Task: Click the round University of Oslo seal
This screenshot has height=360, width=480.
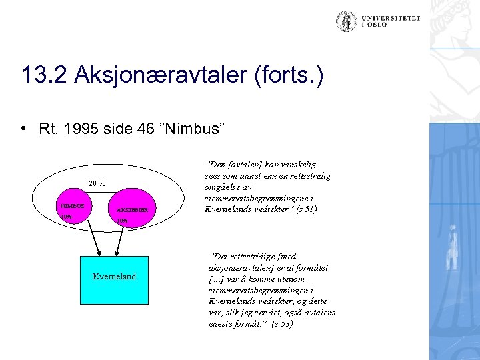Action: tap(346, 21)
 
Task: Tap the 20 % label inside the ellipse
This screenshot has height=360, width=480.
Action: tap(97, 183)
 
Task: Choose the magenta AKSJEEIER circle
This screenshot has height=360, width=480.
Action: tap(133, 208)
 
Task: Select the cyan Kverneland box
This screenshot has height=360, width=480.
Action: tap(114, 275)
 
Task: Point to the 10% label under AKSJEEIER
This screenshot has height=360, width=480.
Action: tap(123, 221)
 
